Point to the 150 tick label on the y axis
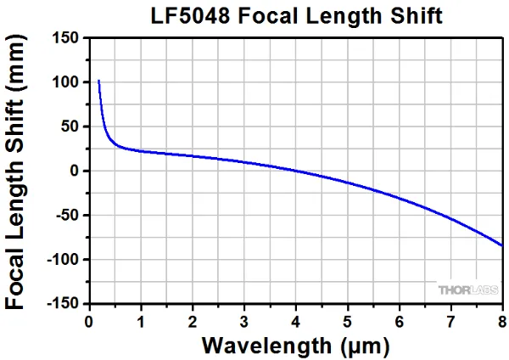pos(66,38)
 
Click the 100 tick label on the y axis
pos(66,82)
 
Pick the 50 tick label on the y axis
pos(70,127)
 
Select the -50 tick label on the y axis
pos(68,215)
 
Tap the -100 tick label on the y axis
pos(64,259)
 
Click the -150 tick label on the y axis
pos(64,303)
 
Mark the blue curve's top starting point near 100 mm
pos(99,82)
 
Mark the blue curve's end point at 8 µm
pos(502,245)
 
